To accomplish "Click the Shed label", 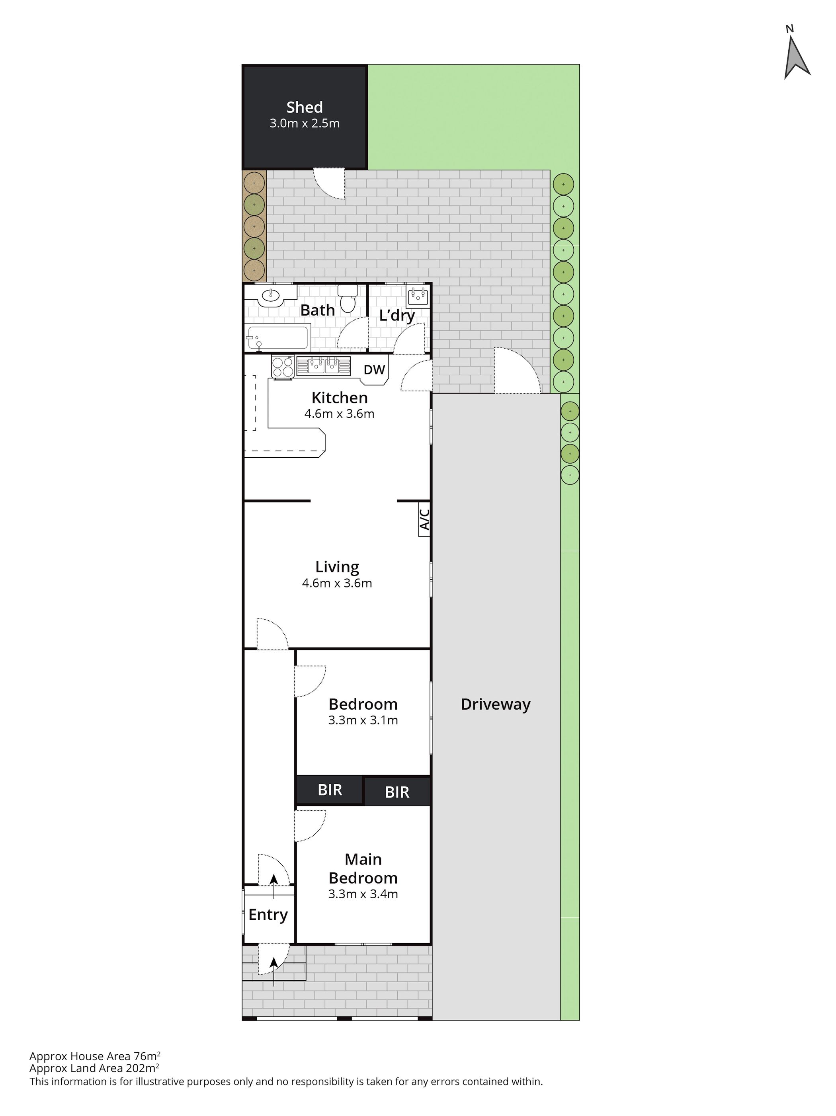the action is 304,107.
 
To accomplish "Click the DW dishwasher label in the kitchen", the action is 374,369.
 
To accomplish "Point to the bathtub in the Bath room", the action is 277,338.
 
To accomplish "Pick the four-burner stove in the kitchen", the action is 283,366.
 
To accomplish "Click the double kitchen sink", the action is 323,365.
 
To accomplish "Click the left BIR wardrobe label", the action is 330,790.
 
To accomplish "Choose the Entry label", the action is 268,914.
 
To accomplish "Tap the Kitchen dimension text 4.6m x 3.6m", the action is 339,414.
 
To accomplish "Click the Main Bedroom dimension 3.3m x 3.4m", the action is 363,894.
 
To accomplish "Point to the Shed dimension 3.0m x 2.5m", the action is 304,123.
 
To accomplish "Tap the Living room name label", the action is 337,567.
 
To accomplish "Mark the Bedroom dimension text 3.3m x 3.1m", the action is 363,720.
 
